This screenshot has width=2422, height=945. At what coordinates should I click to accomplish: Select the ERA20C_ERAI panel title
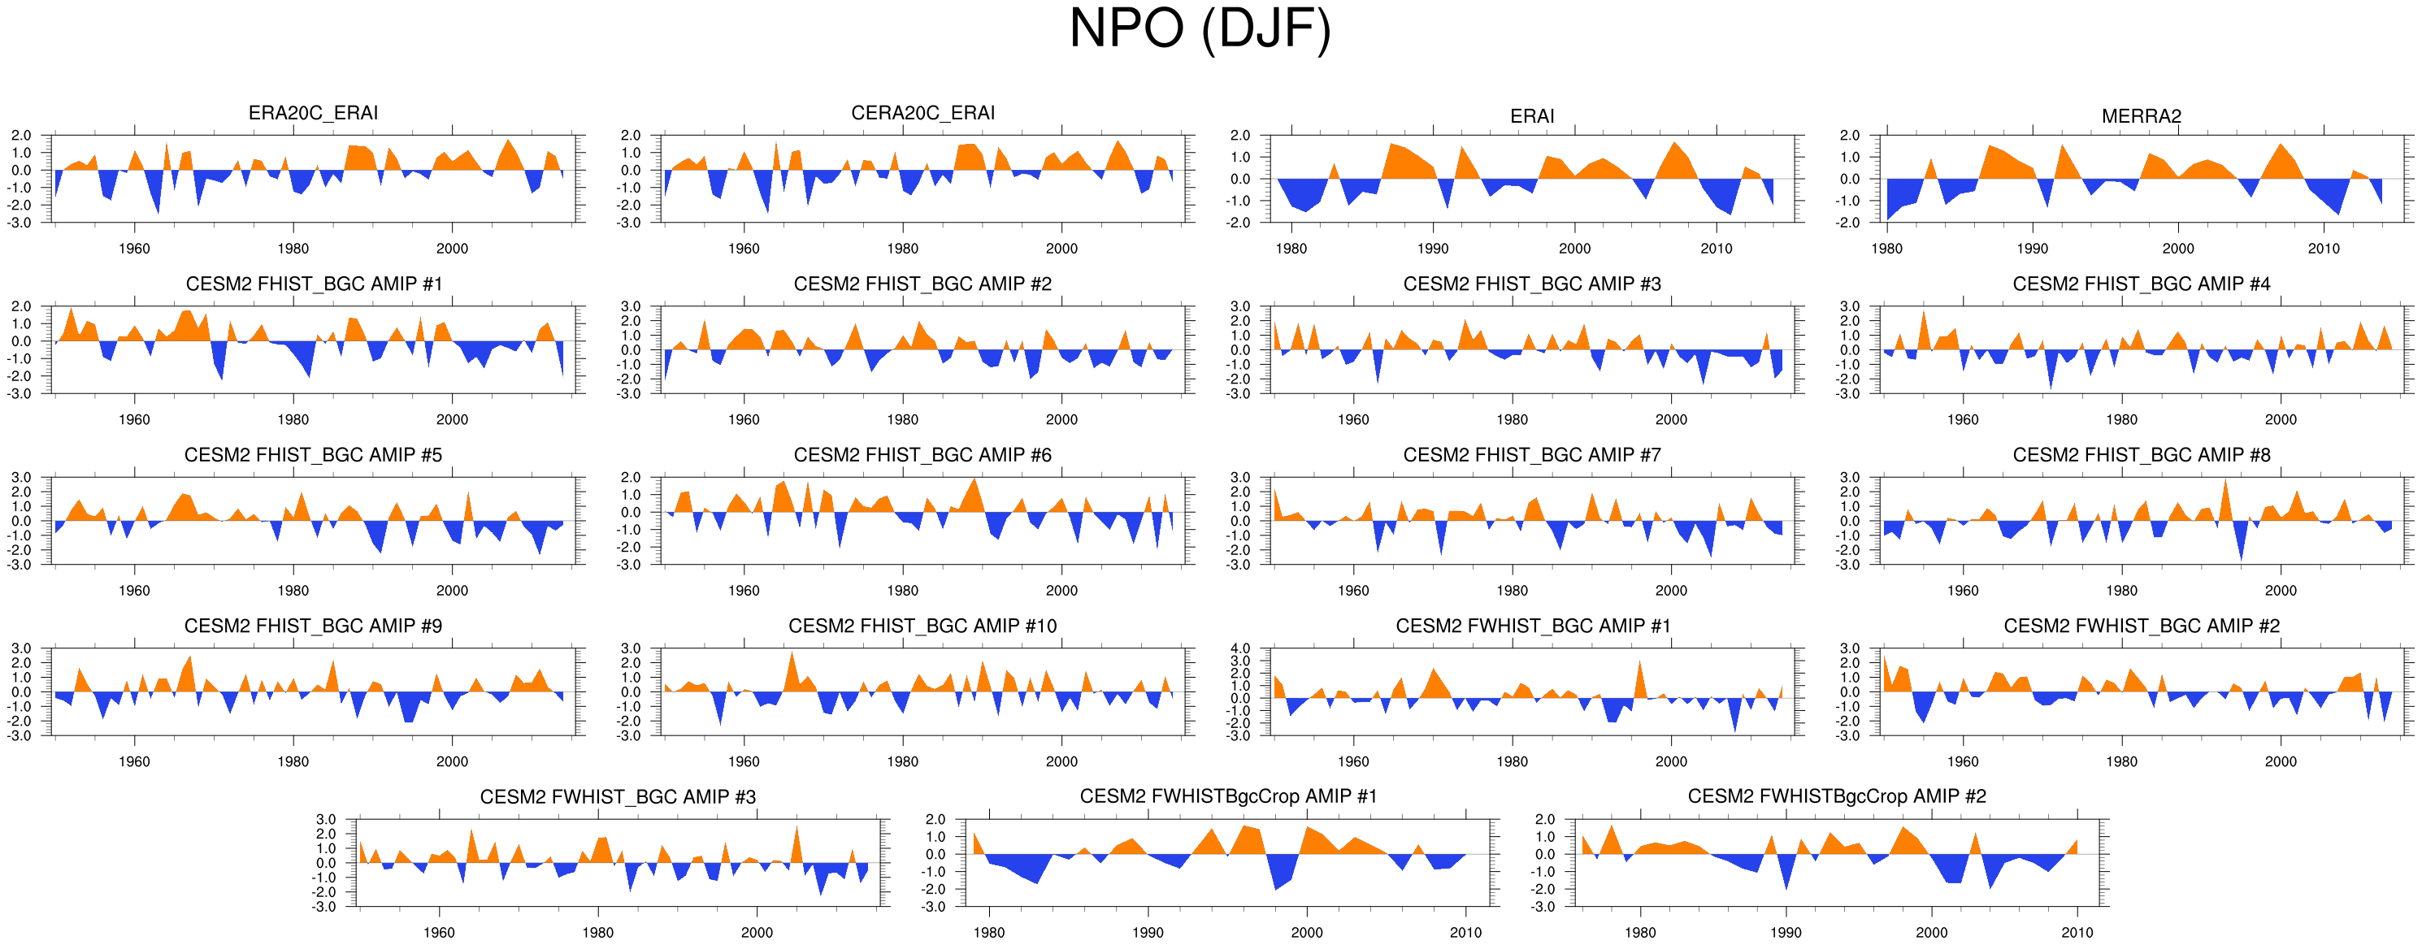coord(313,113)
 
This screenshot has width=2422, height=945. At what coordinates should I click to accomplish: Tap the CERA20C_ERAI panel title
coord(922,113)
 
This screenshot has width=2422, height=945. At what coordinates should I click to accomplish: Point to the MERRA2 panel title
coord(2141,115)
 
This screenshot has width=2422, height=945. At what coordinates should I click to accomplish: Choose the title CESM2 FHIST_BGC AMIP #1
coord(313,284)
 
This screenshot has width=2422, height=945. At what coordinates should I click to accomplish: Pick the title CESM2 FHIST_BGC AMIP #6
coord(922,455)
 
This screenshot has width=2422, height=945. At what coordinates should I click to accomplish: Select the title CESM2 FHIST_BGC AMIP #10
coord(922,626)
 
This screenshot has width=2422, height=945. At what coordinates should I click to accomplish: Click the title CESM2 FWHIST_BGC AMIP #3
coord(618,797)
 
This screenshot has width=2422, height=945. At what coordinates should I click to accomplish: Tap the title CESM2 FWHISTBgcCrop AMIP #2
coord(1836,796)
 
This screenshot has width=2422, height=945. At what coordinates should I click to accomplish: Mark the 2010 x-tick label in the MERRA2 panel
coord(2324,249)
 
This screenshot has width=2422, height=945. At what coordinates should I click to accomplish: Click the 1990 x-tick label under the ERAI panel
coord(1433,249)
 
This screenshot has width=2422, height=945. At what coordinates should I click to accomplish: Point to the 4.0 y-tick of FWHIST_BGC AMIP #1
coord(1240,648)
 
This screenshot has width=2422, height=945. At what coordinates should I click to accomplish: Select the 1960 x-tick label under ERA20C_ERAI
coord(134,249)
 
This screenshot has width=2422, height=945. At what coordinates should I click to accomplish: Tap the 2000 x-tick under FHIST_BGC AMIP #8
coord(2280,592)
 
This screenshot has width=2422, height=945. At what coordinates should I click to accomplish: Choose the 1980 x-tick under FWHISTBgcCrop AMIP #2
coord(1640,933)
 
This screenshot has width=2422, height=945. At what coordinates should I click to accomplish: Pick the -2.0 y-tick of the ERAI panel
coord(1240,223)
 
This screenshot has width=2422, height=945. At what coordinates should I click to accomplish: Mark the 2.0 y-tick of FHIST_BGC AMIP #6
coord(630,478)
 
